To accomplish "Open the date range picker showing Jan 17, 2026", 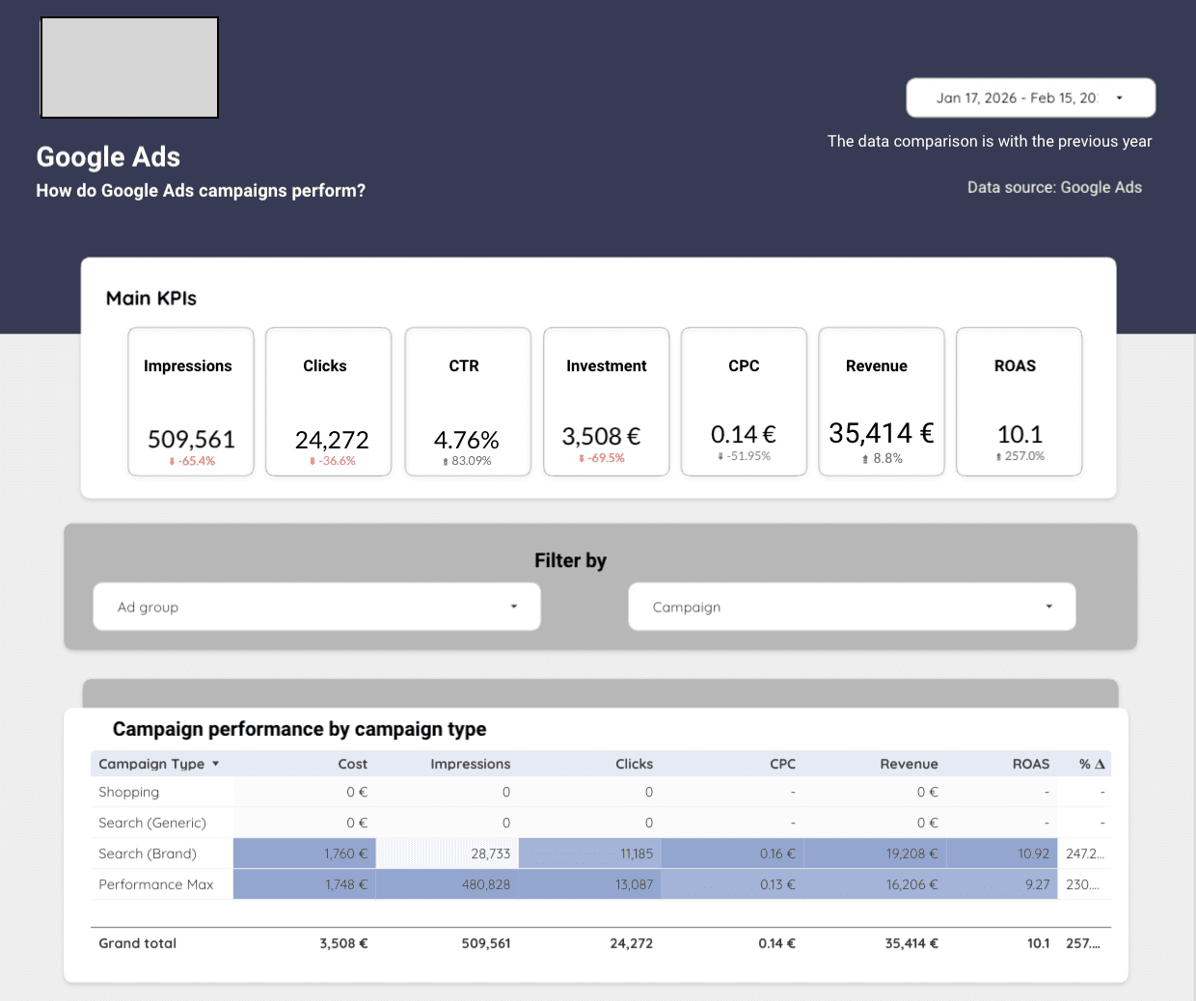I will (1029, 97).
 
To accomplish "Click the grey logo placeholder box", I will (129, 68).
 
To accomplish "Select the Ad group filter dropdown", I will (316, 607).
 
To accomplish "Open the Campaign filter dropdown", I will (852, 607).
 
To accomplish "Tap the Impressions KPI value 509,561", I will (191, 440).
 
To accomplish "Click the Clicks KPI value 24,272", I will (332, 440).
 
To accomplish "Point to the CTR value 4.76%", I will (467, 440).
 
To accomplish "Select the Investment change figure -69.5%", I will (603, 458).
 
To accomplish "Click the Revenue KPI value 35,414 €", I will (881, 433).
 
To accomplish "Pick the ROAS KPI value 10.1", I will (1019, 434).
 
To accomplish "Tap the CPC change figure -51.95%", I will (745, 456).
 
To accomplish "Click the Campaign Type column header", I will (151, 764).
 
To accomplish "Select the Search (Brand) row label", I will (148, 853).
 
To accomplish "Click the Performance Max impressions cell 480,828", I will (486, 884).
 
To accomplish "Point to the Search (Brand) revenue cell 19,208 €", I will (911, 853).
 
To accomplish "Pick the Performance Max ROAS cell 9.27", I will (1037, 884).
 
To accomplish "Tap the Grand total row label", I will (138, 943).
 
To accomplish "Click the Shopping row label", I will (129, 792).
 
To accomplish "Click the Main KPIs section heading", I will (151, 298).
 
